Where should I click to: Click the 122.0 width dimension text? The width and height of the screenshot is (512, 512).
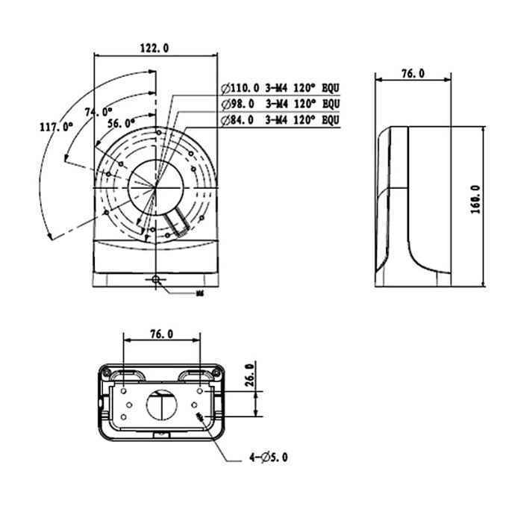154,47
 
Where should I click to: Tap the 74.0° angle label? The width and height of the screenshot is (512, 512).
99,112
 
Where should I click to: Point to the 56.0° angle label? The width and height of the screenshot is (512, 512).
121,122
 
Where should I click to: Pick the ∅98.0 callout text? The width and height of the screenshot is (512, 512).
238,103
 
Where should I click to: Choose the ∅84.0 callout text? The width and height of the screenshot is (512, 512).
238,119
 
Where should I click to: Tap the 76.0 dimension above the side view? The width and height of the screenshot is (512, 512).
412,73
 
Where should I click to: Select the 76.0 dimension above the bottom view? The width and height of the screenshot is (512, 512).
163,335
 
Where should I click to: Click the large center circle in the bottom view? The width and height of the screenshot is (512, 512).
161,405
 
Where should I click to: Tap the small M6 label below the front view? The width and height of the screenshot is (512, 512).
199,294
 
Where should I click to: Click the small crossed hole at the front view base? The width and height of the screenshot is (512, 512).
156,280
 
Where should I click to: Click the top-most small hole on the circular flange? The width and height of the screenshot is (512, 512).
159,132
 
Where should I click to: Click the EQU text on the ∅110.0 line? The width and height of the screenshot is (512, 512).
329,87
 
